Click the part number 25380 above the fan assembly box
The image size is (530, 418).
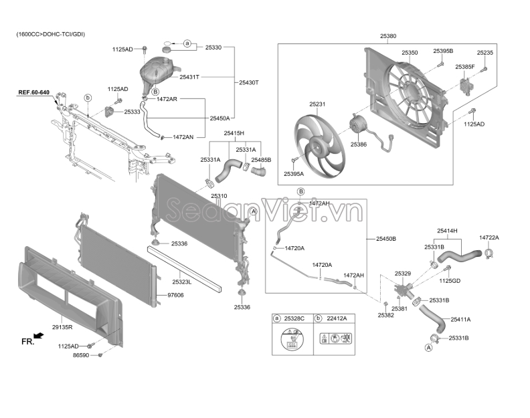click(388, 36)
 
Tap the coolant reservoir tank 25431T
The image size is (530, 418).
click(157, 75)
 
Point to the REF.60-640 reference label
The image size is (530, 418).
click(34, 92)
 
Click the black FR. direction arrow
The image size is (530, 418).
click(39, 335)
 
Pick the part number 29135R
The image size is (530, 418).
click(62, 327)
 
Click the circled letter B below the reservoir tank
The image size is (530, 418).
click(155, 92)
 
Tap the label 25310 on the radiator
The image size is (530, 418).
click(219, 196)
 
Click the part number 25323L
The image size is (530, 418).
click(181, 282)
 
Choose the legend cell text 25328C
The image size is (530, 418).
click(294, 318)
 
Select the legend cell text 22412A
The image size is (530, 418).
click(337, 318)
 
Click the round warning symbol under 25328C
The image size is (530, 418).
click(292, 339)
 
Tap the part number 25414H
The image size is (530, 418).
click(447, 231)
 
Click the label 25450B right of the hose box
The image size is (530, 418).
click(386, 239)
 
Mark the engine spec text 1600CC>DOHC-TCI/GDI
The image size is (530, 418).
click(51, 34)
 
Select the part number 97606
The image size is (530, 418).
click(175, 296)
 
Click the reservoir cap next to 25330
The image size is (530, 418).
click(167, 49)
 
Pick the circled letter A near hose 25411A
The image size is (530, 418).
click(428, 348)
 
